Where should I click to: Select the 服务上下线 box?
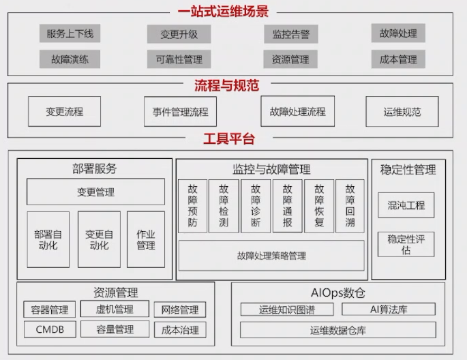click(x=70, y=33)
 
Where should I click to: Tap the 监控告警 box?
click(x=290, y=34)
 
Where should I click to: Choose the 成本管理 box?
click(x=398, y=59)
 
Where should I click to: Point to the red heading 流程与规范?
click(x=226, y=86)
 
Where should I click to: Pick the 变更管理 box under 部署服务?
click(x=95, y=192)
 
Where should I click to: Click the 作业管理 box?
click(x=146, y=239)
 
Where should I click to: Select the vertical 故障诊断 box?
click(x=256, y=206)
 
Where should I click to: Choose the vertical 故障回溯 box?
click(x=350, y=206)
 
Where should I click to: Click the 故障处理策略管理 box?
click(x=271, y=256)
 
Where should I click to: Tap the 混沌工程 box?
click(x=405, y=205)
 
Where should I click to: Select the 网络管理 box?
click(x=179, y=310)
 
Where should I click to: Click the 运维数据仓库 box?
click(x=337, y=330)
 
